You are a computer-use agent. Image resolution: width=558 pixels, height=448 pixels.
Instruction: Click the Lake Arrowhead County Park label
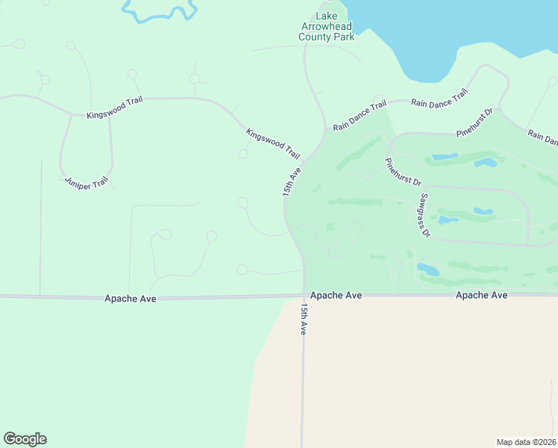click(326, 27)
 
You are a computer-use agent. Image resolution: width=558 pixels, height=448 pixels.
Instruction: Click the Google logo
click(25, 438)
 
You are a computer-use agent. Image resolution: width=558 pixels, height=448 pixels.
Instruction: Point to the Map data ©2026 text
click(527, 441)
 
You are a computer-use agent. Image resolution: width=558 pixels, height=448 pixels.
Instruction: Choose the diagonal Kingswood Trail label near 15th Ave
click(273, 143)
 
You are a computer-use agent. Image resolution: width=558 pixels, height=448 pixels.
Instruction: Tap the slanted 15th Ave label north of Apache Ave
click(292, 181)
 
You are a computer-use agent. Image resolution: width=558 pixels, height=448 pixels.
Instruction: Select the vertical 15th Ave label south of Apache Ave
click(304, 319)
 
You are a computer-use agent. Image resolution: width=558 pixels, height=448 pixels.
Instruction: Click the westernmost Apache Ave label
click(131, 299)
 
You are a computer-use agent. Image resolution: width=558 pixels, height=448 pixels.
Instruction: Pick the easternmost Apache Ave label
click(482, 296)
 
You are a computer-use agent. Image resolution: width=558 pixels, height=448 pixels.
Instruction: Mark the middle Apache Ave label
click(336, 296)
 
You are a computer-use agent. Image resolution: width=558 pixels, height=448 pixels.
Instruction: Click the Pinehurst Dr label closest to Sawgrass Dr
click(404, 172)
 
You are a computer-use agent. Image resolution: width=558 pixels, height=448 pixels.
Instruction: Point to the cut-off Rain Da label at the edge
click(542, 137)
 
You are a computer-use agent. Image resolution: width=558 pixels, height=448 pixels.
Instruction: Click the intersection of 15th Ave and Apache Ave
click(304, 296)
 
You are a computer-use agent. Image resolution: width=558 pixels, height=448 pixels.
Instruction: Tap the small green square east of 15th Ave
click(330, 227)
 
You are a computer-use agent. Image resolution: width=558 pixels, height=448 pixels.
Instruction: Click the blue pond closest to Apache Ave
click(427, 268)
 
